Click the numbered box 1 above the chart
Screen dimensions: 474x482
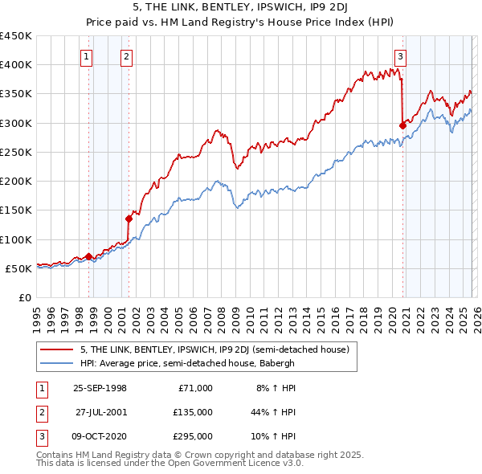point(86,56)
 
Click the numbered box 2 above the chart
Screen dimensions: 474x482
point(127,56)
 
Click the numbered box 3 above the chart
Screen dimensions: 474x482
point(400,56)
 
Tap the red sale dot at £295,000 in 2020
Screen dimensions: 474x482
point(402,125)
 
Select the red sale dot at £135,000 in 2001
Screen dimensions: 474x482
point(129,218)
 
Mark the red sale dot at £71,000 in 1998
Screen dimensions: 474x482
point(88,255)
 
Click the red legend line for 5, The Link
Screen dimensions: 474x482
point(57,349)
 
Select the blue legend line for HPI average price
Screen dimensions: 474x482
point(57,363)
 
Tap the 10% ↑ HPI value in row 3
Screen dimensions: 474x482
point(272,437)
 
